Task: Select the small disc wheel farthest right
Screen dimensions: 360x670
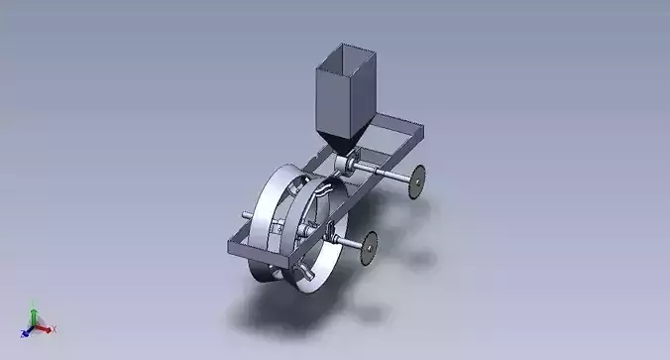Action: pos(418,181)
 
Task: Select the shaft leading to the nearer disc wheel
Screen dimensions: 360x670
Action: pos(349,243)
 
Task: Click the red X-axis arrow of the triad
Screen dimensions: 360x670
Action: pos(46,326)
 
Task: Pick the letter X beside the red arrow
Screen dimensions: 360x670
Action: pos(54,328)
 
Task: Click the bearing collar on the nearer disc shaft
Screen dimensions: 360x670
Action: pos(327,235)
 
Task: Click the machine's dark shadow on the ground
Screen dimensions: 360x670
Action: pos(297,312)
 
